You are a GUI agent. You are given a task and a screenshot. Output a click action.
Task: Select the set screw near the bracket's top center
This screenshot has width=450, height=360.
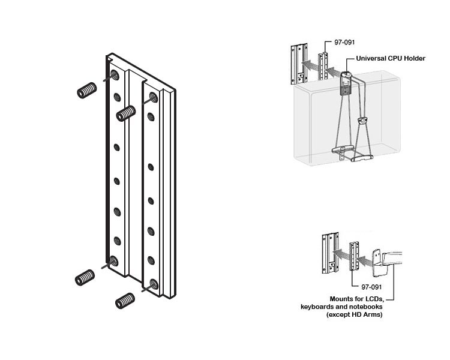124,112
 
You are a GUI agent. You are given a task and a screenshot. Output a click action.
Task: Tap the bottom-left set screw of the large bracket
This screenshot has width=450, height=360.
86,277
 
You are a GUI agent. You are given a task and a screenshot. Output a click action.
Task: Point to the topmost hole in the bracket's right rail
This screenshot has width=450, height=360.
151,97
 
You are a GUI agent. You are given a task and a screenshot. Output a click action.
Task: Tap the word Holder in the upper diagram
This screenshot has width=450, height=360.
414,58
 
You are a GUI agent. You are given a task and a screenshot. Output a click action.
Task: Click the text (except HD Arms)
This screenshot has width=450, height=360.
353,314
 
